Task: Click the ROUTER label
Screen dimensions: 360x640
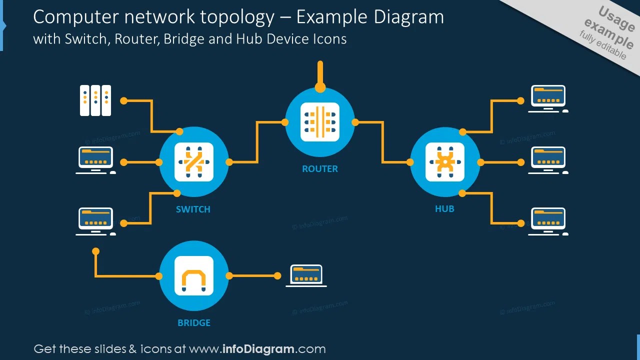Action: [320, 169]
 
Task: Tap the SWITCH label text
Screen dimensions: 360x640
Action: [193, 209]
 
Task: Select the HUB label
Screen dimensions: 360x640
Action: [444, 209]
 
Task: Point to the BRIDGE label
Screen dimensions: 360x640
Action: [194, 323]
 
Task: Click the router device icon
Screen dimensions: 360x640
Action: [320, 122]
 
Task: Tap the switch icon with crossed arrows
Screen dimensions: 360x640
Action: [194, 162]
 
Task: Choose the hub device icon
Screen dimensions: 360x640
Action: [444, 162]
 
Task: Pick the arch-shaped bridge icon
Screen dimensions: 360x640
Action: [194, 275]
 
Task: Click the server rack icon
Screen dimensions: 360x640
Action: [95, 100]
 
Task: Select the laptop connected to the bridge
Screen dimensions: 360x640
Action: [306, 275]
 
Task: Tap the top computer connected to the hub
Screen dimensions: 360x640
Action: [548, 98]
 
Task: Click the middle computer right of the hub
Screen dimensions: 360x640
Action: [548, 160]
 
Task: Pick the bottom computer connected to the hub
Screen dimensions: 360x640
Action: [548, 221]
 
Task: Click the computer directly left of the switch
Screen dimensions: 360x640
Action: [95, 160]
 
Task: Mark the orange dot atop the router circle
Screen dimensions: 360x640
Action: [320, 87]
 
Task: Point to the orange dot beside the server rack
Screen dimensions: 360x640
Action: [124, 100]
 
